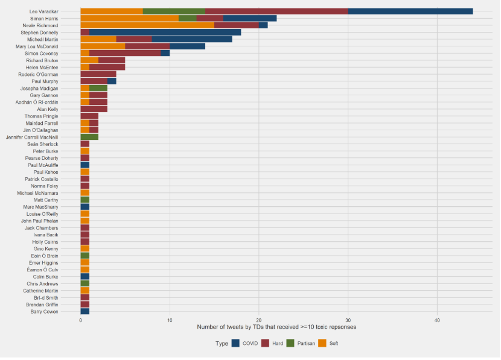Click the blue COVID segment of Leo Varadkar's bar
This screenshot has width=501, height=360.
(410, 11)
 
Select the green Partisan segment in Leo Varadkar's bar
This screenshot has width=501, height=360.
(174, 11)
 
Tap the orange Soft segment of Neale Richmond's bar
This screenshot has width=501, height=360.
(147, 25)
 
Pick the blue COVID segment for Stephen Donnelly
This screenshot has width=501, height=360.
(165, 33)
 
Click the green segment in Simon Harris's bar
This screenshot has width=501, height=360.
(188, 18)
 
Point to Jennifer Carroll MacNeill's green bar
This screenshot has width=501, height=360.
(89, 137)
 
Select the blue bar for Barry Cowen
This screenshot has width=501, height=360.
(85, 311)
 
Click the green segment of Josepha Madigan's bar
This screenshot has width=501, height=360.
(98, 88)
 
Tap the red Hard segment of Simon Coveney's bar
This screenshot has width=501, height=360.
(125, 53)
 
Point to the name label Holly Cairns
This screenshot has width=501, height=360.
(45, 242)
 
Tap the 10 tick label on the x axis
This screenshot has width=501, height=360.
(170, 320)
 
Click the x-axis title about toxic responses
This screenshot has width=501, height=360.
(276, 327)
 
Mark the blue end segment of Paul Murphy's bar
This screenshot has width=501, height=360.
(112, 81)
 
